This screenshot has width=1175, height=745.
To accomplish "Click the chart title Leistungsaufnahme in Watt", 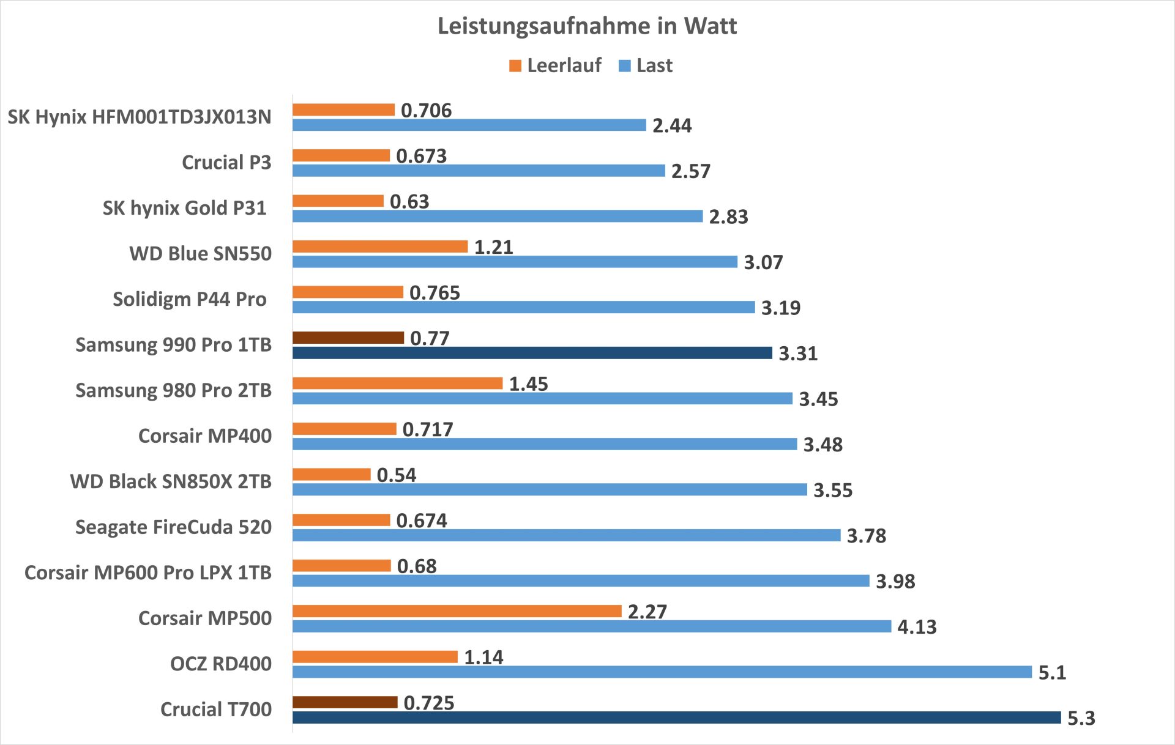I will pyautogui.click(x=587, y=26).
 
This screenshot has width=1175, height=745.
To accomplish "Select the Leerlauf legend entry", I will pyautogui.click(x=555, y=65).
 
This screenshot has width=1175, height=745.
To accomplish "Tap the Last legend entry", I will pyautogui.click(x=646, y=65).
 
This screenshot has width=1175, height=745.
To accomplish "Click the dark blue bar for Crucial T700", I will pyautogui.click(x=676, y=717).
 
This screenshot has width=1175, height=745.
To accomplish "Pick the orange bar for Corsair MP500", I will pyautogui.click(x=457, y=611).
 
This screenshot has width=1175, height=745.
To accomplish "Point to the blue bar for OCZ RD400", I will pyautogui.click(x=662, y=672).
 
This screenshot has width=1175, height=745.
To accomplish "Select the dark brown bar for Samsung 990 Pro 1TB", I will pyautogui.click(x=348, y=338).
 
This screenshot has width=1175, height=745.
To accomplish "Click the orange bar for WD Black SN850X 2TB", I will pyautogui.click(x=331, y=474).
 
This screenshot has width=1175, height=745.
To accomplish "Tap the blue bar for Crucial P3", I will pyautogui.click(x=479, y=171).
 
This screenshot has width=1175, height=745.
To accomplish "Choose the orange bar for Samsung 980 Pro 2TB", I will pyautogui.click(x=397, y=384).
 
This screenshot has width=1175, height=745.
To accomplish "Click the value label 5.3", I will pyautogui.click(x=1081, y=718).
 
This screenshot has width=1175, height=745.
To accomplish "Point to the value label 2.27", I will pyautogui.click(x=647, y=612).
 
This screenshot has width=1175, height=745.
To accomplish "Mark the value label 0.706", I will pyautogui.click(x=426, y=111).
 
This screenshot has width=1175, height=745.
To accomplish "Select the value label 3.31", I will pyautogui.click(x=797, y=354).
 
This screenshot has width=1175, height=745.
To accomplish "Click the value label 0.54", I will pyautogui.click(x=396, y=475).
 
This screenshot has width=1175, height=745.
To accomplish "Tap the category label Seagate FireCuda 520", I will pyautogui.click(x=173, y=527).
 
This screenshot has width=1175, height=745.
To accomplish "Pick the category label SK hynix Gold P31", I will pyautogui.click(x=184, y=208).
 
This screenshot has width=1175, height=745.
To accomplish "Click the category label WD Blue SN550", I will pyautogui.click(x=200, y=254).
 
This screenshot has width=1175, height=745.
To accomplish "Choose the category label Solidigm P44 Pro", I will pyautogui.click(x=189, y=299).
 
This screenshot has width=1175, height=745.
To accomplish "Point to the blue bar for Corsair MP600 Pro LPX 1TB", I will pyautogui.click(x=581, y=580).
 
